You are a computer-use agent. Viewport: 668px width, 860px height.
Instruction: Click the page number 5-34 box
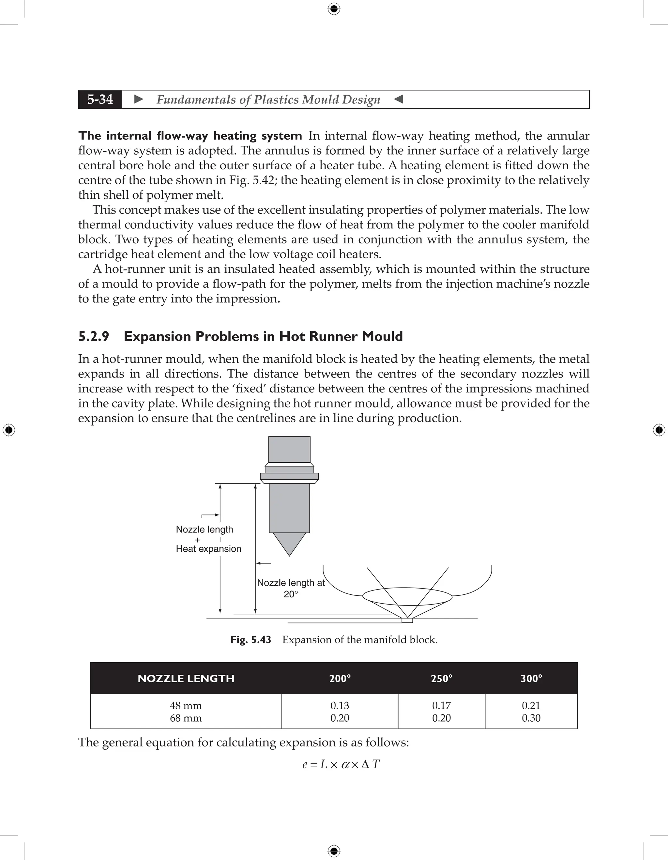click(x=100, y=99)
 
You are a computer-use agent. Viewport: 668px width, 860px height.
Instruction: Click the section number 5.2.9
click(x=94, y=336)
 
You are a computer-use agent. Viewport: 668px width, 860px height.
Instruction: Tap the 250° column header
click(x=441, y=678)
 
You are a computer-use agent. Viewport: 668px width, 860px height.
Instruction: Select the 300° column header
click(x=531, y=678)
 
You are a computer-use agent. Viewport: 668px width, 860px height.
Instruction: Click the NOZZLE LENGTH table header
click(x=186, y=678)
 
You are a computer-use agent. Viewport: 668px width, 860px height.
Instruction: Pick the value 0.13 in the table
click(x=340, y=705)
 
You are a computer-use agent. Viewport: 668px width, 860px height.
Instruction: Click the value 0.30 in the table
click(x=531, y=718)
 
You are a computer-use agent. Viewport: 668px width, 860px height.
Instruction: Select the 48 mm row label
click(x=186, y=705)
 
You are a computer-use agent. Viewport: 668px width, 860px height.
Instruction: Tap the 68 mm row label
click(x=186, y=718)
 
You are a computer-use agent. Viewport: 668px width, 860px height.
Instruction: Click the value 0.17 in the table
click(x=441, y=705)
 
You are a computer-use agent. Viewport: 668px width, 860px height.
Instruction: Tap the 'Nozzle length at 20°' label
click(x=291, y=588)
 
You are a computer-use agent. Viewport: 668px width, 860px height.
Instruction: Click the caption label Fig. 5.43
click(x=251, y=639)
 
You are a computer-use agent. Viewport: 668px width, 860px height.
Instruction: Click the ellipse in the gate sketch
click(x=407, y=596)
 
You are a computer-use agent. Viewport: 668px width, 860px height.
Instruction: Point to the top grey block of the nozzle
click(x=289, y=449)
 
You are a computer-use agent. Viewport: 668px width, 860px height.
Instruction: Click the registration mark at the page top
click(x=334, y=9)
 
